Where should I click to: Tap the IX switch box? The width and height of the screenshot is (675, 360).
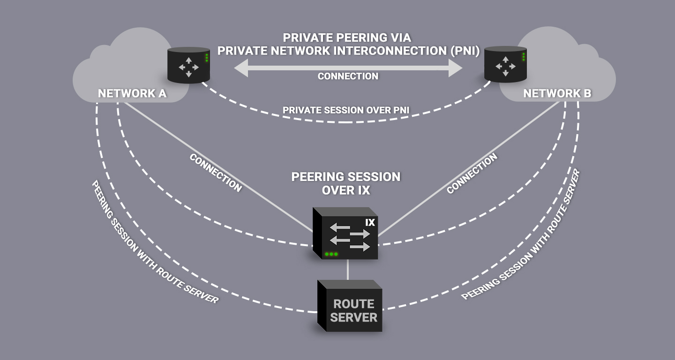pyautogui.click(x=346, y=234)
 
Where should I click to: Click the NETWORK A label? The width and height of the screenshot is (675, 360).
pyautogui.click(x=132, y=93)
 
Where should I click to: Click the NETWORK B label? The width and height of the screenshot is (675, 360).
pyautogui.click(x=557, y=93)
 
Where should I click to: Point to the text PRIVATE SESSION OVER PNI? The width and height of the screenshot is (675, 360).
pyautogui.click(x=346, y=110)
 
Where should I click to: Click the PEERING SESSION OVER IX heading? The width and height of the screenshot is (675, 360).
pyautogui.click(x=346, y=183)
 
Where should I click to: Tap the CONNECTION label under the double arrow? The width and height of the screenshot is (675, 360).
pyautogui.click(x=348, y=76)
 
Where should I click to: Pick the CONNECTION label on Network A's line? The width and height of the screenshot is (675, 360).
pyautogui.click(x=216, y=172)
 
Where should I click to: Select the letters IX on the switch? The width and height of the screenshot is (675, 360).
pyautogui.click(x=370, y=222)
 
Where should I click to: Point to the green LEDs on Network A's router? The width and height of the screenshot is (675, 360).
pyautogui.click(x=207, y=58)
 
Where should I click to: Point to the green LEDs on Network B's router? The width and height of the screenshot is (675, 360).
pyautogui.click(x=524, y=57)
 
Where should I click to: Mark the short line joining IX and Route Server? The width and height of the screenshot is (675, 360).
pyautogui.click(x=347, y=270)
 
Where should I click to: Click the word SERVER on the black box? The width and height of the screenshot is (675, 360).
pyautogui.click(x=353, y=317)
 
